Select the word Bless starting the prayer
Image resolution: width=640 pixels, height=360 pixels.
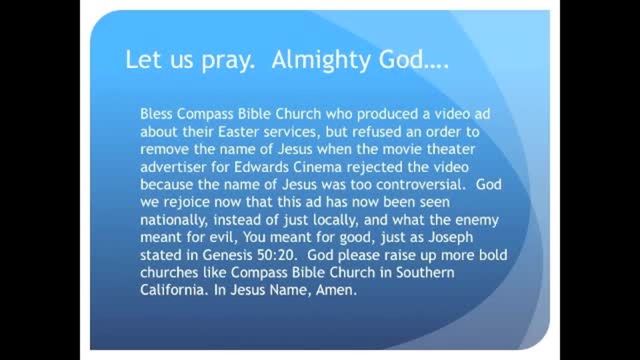156,113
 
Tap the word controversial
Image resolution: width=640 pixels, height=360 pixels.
421,185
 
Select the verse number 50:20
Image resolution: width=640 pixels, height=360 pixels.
277,255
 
